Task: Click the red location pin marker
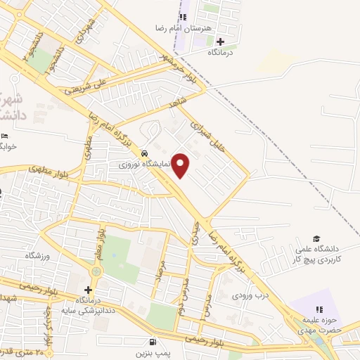pyautogui.click(x=181, y=165)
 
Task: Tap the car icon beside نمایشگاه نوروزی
pyautogui.click(x=144, y=153)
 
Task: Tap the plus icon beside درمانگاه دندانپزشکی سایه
pyautogui.click(x=88, y=290)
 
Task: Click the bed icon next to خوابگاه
pyautogui.click(x=5, y=136)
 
